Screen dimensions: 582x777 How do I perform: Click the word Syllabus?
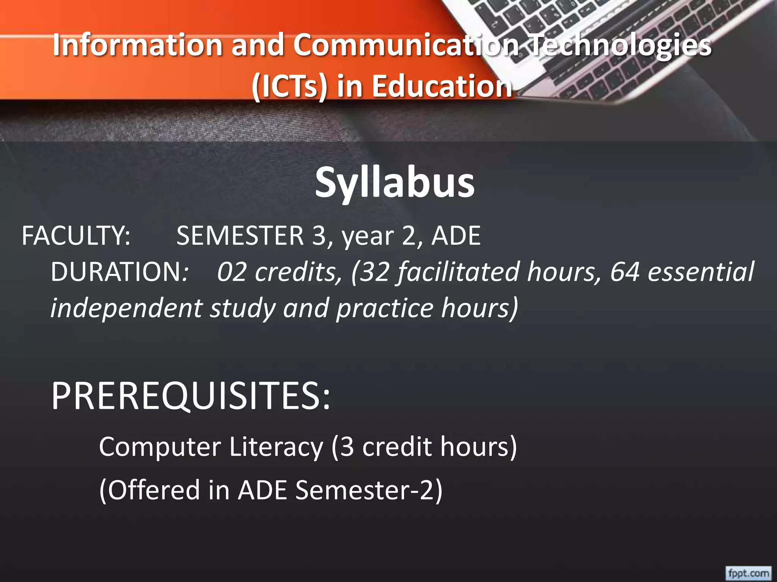(395, 183)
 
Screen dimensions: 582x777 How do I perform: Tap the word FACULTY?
(76, 236)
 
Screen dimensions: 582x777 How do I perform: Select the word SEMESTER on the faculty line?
(240, 236)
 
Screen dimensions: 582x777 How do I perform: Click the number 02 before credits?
(232, 272)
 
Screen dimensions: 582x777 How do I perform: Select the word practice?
(384, 308)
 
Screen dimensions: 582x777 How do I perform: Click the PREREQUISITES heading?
(191, 396)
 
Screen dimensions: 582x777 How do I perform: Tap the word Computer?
(160, 447)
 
